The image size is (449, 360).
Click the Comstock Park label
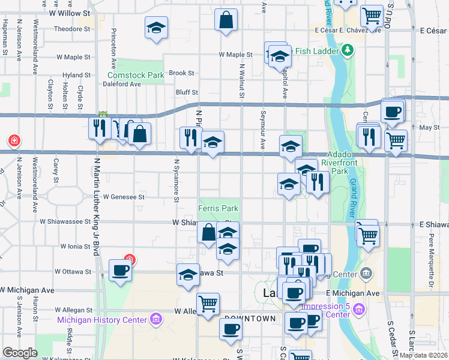[x=136, y=76]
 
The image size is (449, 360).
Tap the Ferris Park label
[x=218, y=209]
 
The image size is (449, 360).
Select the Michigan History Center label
[x=103, y=319]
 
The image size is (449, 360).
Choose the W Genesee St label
[x=124, y=196]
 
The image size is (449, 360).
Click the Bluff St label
[x=186, y=92]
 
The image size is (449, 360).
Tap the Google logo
[x=20, y=353]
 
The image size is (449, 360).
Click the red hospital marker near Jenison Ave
[x=13, y=142]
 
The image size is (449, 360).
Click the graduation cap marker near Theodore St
[x=156, y=28]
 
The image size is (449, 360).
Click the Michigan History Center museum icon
[x=157, y=317]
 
